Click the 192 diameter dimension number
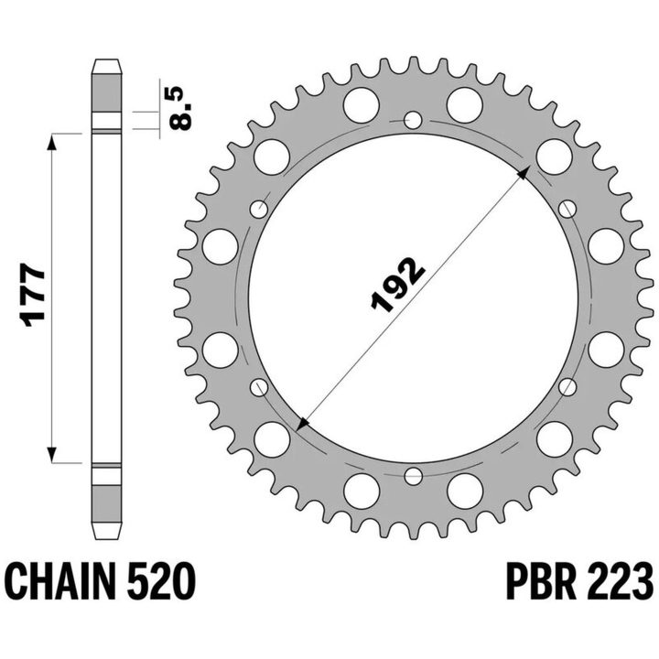(397, 284)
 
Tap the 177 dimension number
(33, 295)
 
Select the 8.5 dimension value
(180, 108)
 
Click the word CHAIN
(62, 582)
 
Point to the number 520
(161, 582)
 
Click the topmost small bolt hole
(413, 120)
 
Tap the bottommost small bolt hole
(413, 476)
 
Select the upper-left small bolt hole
(259, 209)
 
